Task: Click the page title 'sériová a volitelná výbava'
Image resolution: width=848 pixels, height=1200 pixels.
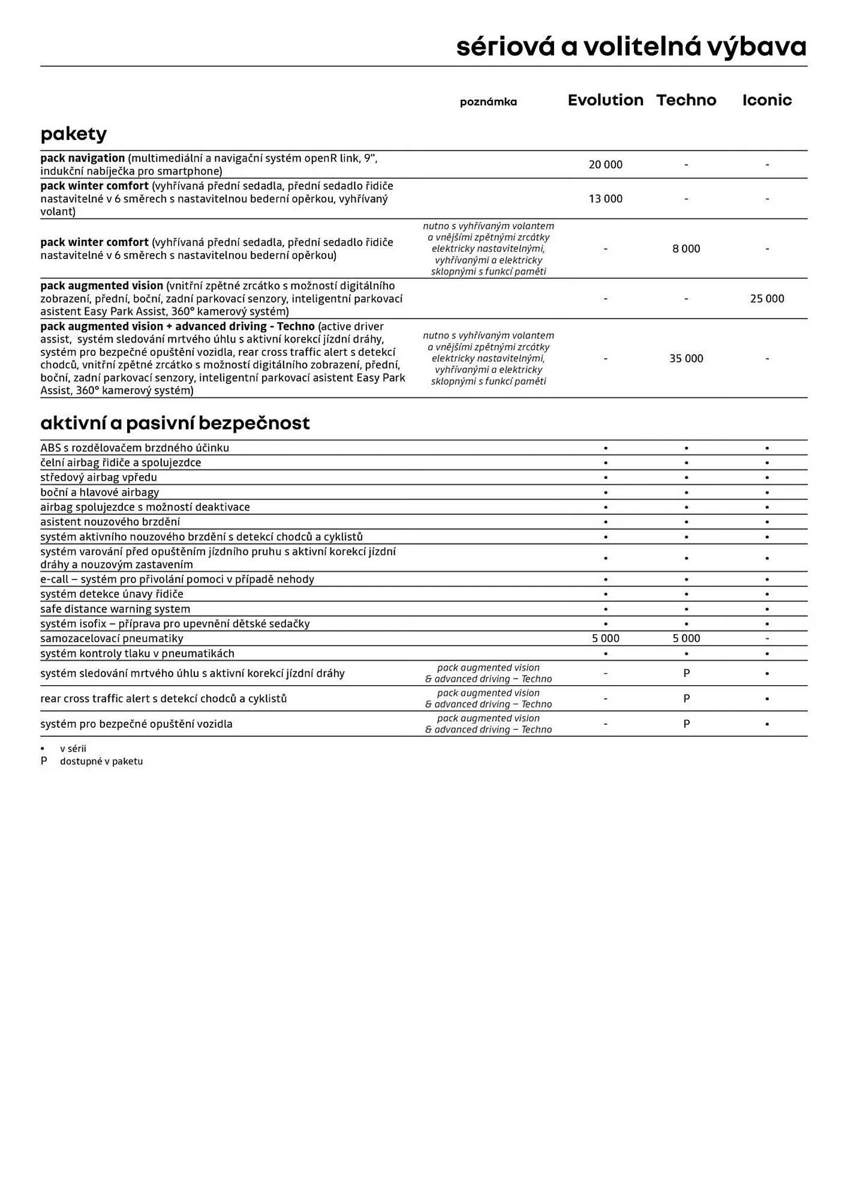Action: [631, 47]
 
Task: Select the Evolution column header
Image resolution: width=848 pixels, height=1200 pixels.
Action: [605, 100]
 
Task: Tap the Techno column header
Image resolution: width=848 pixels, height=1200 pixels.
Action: [686, 100]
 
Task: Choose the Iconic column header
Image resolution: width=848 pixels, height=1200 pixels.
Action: [766, 100]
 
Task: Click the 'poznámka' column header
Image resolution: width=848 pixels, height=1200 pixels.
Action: [488, 102]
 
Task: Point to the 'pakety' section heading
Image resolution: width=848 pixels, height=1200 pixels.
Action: [73, 134]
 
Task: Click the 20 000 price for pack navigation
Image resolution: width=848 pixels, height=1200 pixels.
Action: [605, 164]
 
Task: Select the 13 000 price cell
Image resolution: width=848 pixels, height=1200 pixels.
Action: [605, 199]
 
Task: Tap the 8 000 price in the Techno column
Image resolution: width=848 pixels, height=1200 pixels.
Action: [686, 248]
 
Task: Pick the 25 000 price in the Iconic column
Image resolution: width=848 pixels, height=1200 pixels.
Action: [766, 298]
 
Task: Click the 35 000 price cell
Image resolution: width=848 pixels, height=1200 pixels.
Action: [686, 358]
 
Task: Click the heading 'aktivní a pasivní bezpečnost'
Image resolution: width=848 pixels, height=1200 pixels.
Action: [175, 423]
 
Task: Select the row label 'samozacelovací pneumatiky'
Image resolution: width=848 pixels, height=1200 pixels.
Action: [112, 638]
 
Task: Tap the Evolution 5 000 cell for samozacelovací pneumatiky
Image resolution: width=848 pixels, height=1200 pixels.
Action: [605, 638]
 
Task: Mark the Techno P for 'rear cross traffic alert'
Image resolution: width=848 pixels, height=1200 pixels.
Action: [686, 698]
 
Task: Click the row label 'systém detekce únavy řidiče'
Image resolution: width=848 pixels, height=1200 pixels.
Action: [112, 594]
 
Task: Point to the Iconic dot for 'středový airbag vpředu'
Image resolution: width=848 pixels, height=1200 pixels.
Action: [766, 478]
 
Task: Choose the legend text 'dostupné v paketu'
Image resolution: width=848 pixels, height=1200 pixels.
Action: [101, 761]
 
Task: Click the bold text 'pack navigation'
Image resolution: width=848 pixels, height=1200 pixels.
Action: [82, 158]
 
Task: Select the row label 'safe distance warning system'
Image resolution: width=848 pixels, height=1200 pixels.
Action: [115, 609]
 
